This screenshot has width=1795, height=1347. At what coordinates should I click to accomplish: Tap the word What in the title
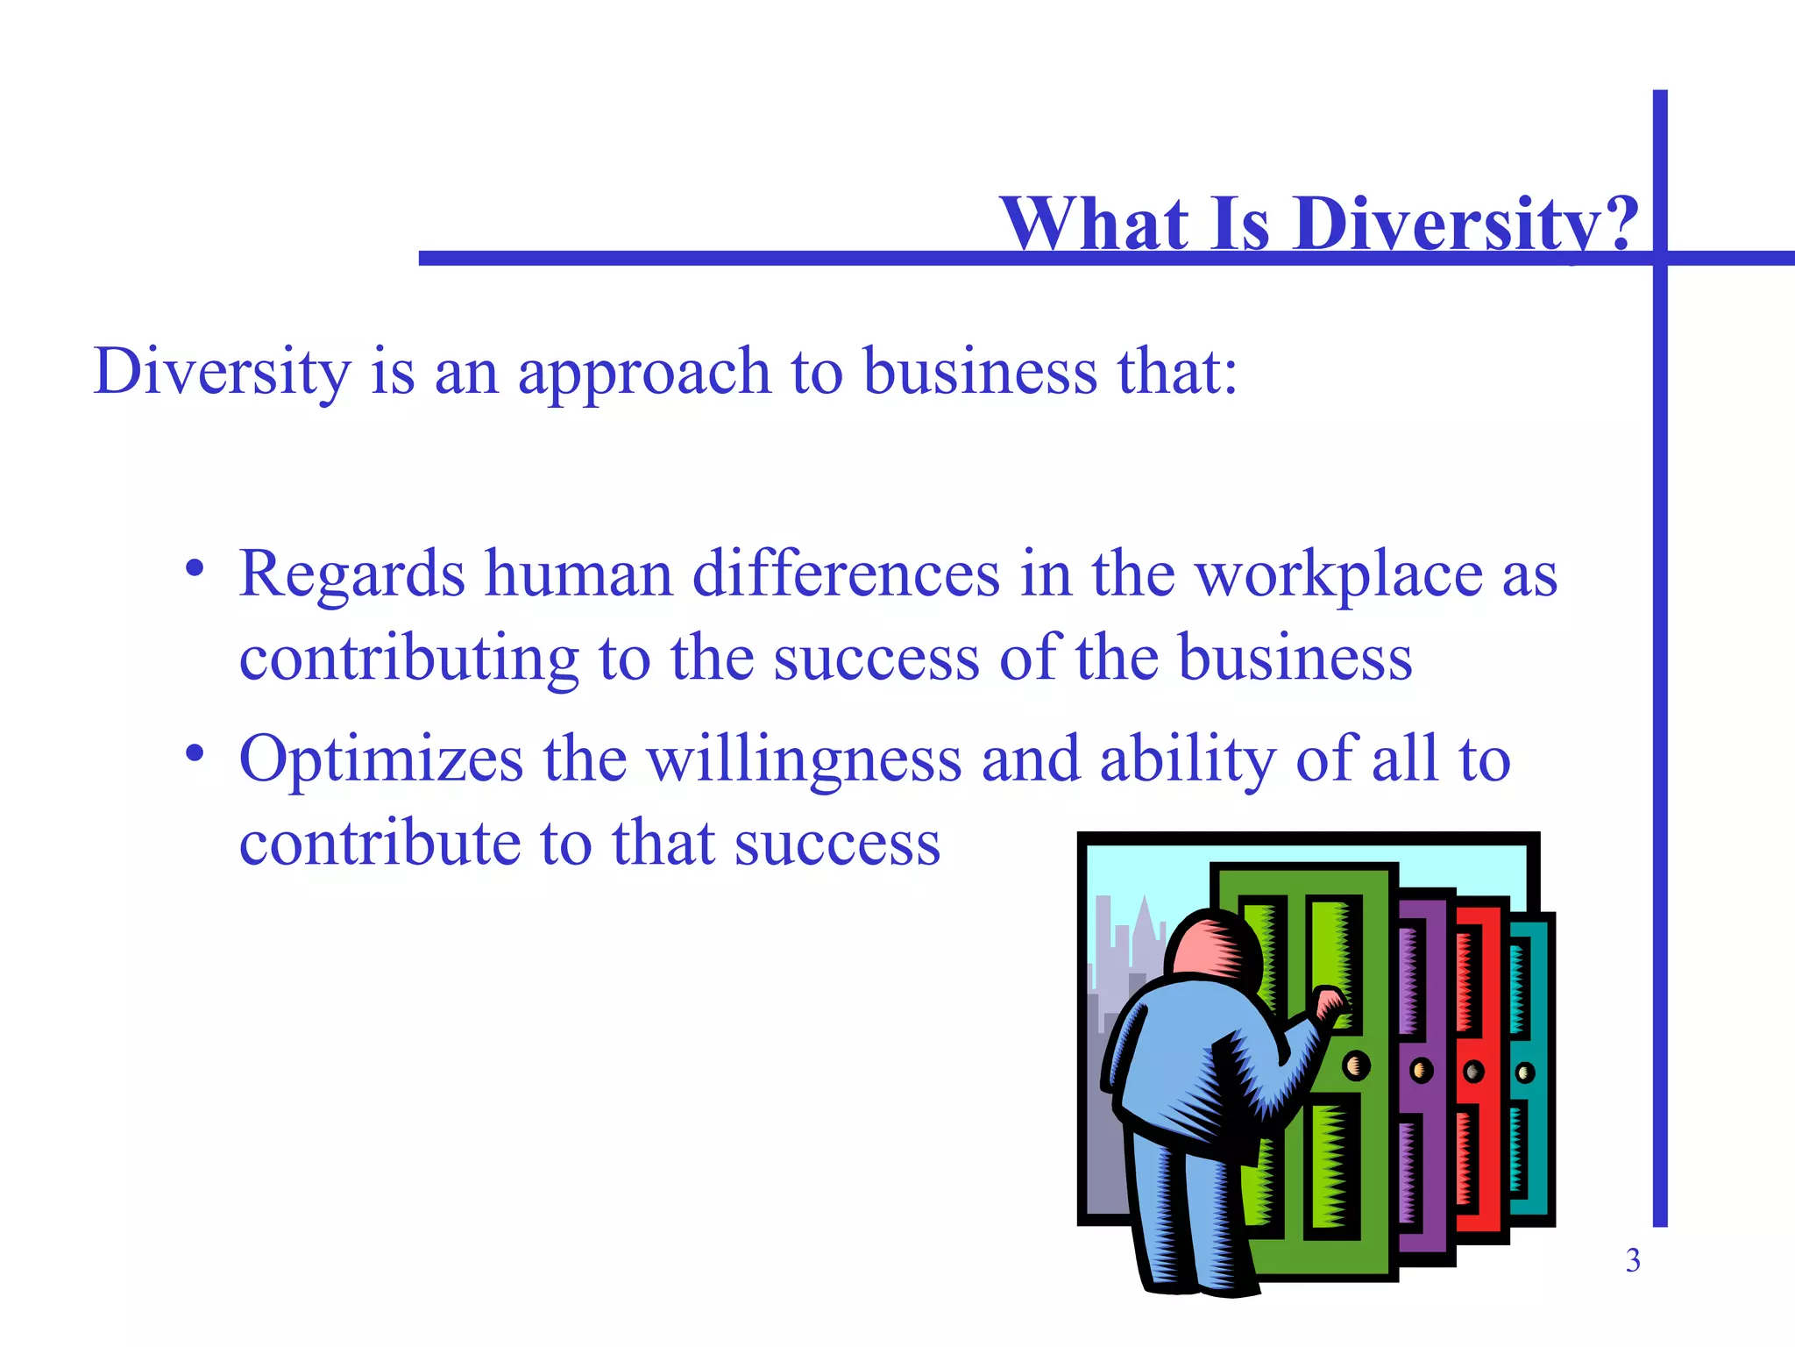[1094, 224]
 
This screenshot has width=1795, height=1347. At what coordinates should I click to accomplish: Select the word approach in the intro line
[644, 373]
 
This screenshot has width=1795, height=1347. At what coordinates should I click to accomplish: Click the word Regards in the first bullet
[351, 575]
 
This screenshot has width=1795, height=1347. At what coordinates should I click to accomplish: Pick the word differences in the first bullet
[846, 575]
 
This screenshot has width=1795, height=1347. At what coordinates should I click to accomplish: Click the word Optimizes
[381, 759]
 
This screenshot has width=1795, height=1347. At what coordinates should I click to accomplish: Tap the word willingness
[805, 759]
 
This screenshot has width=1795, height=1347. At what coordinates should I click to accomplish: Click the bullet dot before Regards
[195, 570]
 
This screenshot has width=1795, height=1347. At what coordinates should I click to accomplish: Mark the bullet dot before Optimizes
[195, 754]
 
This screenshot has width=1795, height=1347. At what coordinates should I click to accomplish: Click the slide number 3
[1633, 1260]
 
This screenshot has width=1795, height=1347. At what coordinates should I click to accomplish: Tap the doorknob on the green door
[1356, 1065]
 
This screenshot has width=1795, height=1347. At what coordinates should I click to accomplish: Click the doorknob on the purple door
[1421, 1070]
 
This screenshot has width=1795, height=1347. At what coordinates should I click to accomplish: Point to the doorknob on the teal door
[1525, 1073]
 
